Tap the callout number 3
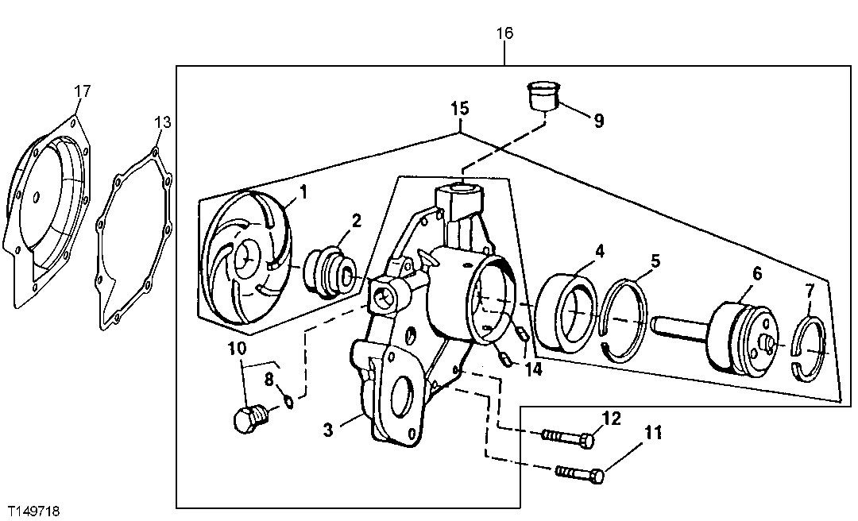(x=327, y=431)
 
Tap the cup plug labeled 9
(x=544, y=98)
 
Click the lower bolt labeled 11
(x=581, y=473)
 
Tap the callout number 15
(x=460, y=107)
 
